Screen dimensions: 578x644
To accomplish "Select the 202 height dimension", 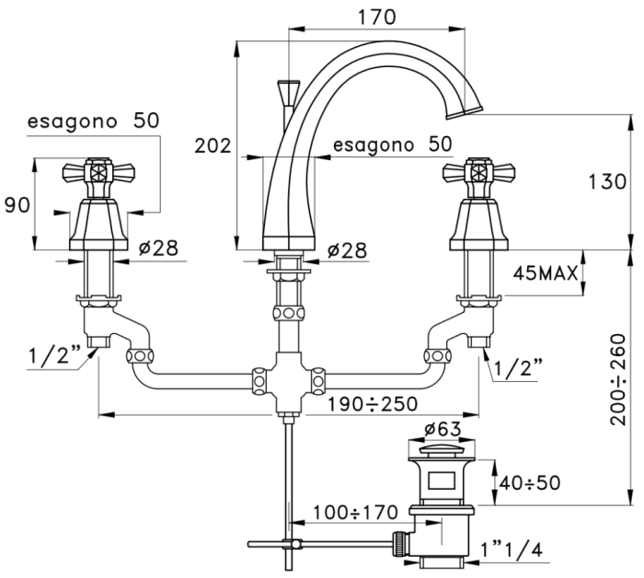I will click(213, 145).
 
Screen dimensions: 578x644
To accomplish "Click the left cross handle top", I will click(98, 171).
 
